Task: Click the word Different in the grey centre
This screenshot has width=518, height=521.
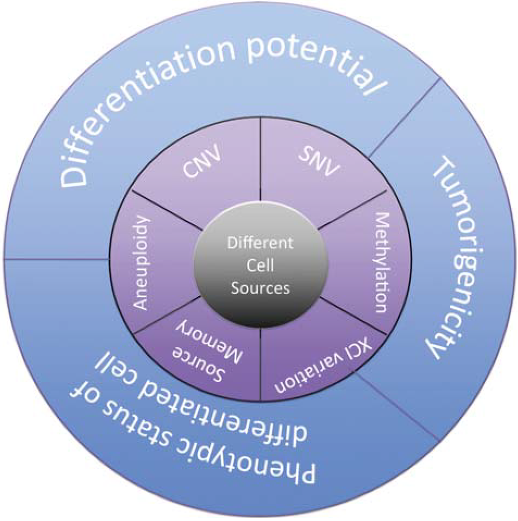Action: (x=260, y=243)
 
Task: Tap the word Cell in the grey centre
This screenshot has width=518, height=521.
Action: (x=260, y=266)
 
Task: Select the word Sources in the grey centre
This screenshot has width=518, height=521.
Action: (x=260, y=288)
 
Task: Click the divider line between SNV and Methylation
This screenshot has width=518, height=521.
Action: (x=354, y=208)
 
